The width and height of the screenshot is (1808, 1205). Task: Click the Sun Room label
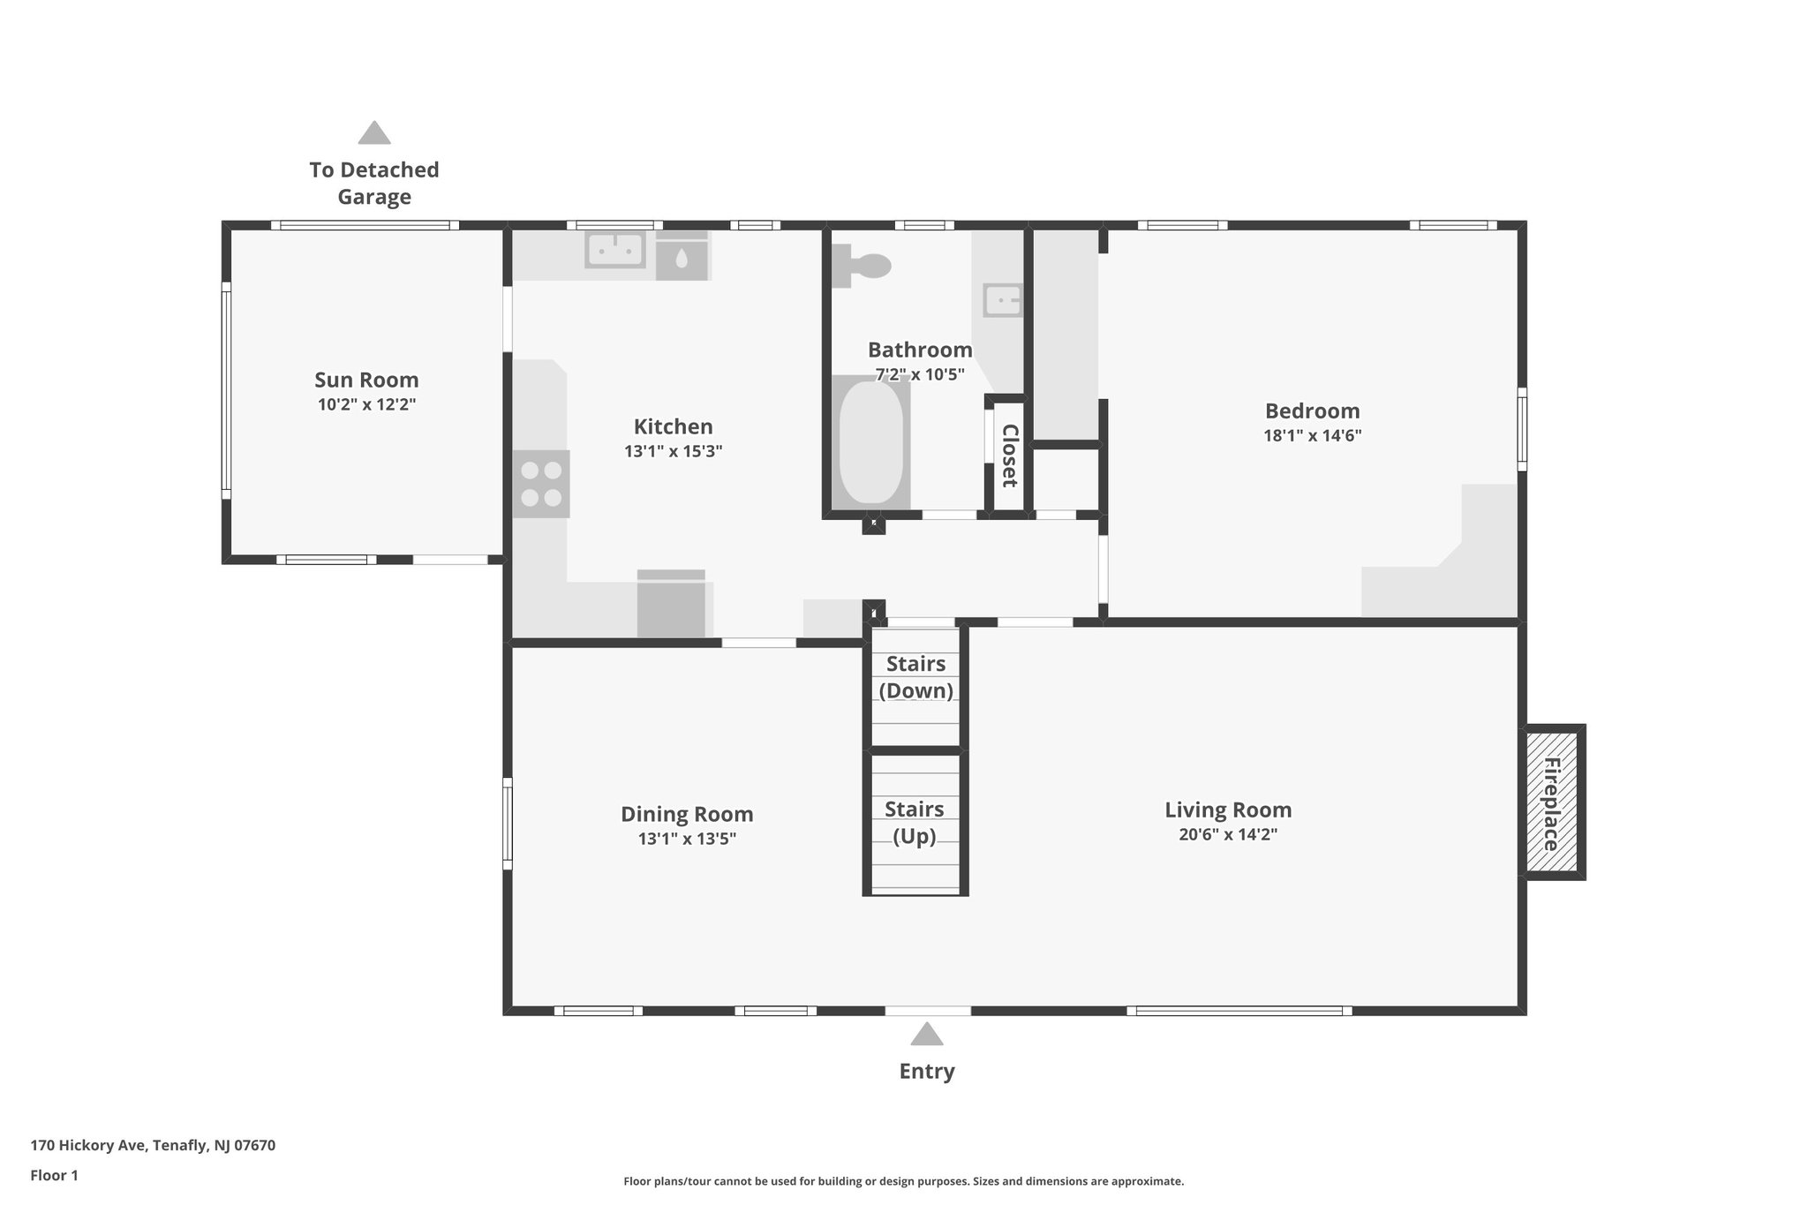366,380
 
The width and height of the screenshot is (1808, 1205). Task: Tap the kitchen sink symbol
614,250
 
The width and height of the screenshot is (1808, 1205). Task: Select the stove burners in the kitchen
541,484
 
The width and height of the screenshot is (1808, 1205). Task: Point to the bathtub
870,442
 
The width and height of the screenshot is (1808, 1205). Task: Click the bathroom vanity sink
1003,300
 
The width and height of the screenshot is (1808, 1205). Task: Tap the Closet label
1009,456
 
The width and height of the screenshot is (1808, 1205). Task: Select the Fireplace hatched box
1552,802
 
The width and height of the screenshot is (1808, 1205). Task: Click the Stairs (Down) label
915,677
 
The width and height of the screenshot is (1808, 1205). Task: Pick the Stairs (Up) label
915,822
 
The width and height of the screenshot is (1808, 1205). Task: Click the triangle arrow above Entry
926,1034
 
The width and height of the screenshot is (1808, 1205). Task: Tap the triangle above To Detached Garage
374,133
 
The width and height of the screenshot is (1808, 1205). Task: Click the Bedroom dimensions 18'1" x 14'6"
1312,435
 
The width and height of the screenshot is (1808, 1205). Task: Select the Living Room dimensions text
1227,834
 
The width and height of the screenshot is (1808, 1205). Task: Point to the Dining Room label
687,814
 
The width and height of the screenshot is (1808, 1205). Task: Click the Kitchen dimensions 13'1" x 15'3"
673,451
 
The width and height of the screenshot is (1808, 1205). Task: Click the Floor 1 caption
55,1175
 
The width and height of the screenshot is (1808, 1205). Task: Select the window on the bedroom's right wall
1522,429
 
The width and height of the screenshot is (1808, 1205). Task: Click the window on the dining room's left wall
508,819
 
